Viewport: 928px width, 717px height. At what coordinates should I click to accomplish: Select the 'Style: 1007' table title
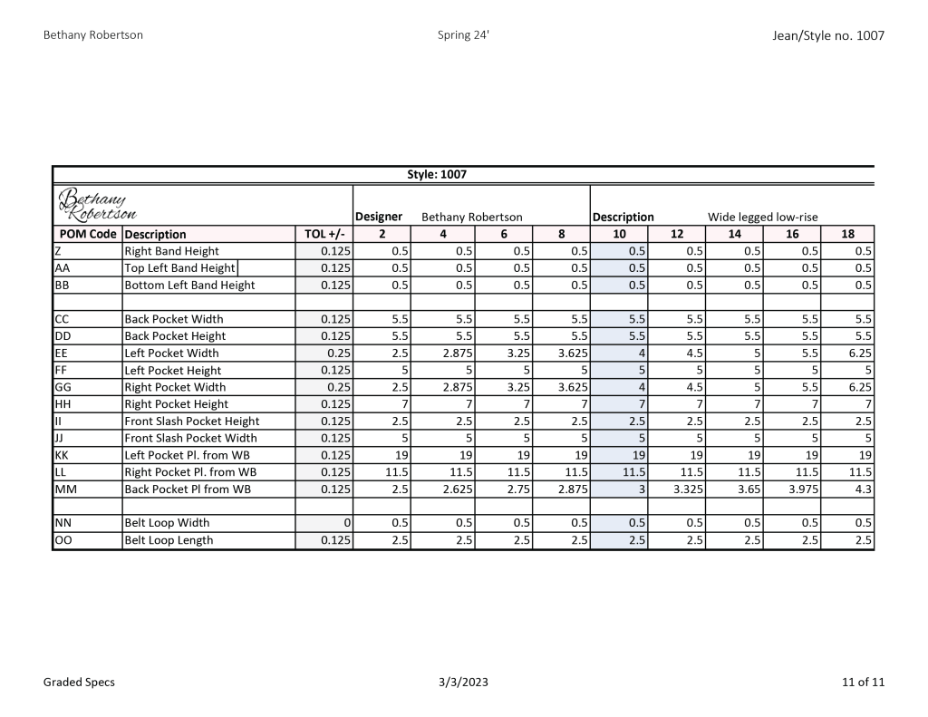pyautogui.click(x=437, y=174)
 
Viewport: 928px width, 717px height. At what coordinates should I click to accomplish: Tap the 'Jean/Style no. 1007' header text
pyautogui.click(x=827, y=36)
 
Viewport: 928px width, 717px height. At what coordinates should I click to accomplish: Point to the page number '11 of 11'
pyautogui.click(x=863, y=682)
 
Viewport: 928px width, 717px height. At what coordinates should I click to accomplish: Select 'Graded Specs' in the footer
pyautogui.click(x=79, y=682)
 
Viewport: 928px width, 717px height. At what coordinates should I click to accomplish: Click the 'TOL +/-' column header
pyautogui.click(x=324, y=234)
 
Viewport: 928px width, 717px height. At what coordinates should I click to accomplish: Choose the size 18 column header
pyautogui.click(x=847, y=234)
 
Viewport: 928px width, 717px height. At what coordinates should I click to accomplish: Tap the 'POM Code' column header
pyautogui.click(x=87, y=234)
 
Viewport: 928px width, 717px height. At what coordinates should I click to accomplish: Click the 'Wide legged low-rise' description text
pyautogui.click(x=762, y=217)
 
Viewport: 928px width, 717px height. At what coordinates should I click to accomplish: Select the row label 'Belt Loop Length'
pyautogui.click(x=169, y=540)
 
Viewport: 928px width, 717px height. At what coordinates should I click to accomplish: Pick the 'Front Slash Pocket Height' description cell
pyautogui.click(x=191, y=421)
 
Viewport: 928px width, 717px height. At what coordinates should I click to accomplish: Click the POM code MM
pyautogui.click(x=64, y=489)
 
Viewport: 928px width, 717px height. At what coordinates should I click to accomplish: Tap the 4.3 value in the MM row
pyautogui.click(x=861, y=489)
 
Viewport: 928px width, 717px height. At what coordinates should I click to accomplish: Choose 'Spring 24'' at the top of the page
pyautogui.click(x=463, y=35)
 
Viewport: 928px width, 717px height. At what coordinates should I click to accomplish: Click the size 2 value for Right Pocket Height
pyautogui.click(x=403, y=404)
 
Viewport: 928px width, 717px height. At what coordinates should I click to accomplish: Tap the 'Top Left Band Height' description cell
pyautogui.click(x=179, y=268)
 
